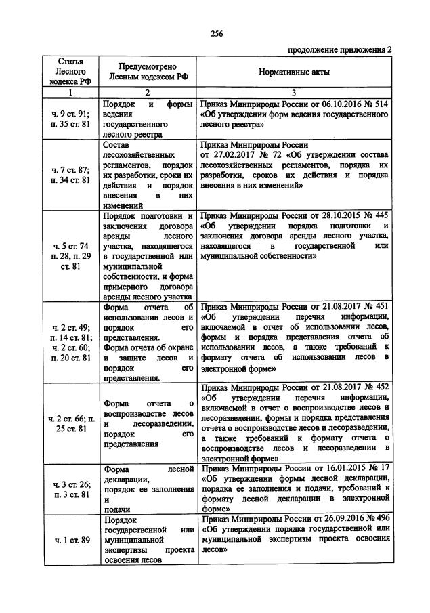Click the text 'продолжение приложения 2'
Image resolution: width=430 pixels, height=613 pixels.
pos(340,49)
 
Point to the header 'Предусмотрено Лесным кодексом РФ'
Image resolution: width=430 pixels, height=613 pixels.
pos(148,72)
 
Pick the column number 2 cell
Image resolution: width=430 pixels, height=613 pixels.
pos(148,92)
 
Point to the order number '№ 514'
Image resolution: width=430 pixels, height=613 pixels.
pos(377,106)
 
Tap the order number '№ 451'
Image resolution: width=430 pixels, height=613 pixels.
pos(377,306)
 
